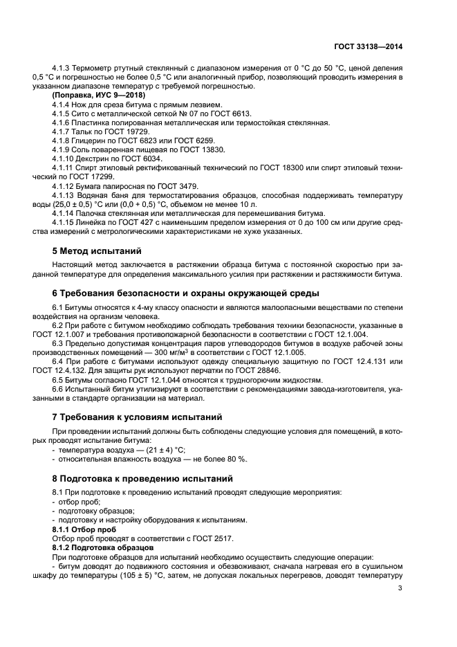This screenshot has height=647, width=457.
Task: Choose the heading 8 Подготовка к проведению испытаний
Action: tap(144, 478)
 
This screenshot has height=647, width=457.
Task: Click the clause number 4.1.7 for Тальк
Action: tap(63, 131)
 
